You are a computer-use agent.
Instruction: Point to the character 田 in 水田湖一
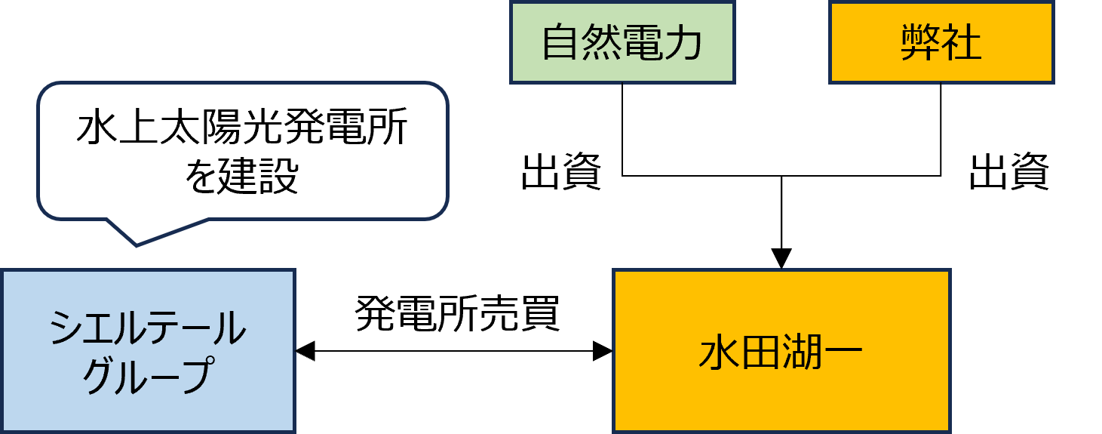(760, 353)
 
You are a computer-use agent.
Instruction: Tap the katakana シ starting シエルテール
(66, 329)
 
